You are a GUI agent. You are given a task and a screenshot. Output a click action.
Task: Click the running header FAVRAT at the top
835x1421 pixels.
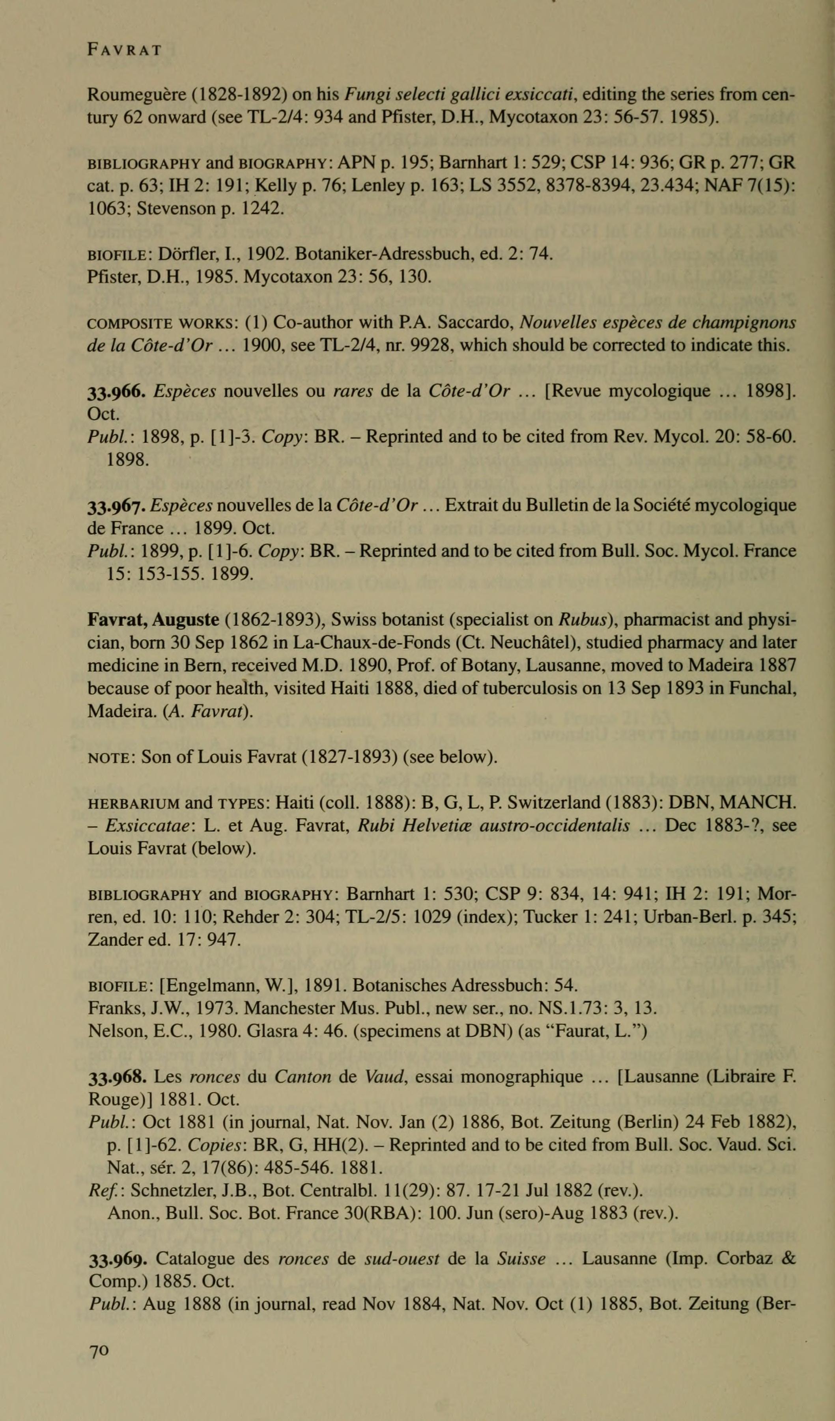click(x=125, y=50)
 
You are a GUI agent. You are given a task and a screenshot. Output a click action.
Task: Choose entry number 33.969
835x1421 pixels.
click(x=118, y=1259)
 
